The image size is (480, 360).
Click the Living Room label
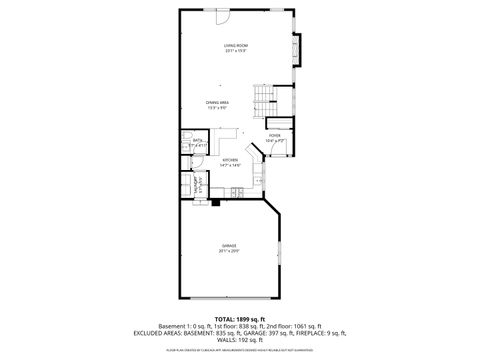tap(236, 45)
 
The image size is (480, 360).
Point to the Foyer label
tap(275, 135)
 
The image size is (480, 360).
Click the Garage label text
tap(230, 246)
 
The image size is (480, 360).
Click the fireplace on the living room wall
tap(296, 48)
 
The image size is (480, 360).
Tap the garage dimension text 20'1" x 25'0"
tap(230, 252)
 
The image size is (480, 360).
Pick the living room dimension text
tap(236, 51)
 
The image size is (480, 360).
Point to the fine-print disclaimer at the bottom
tap(239, 352)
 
